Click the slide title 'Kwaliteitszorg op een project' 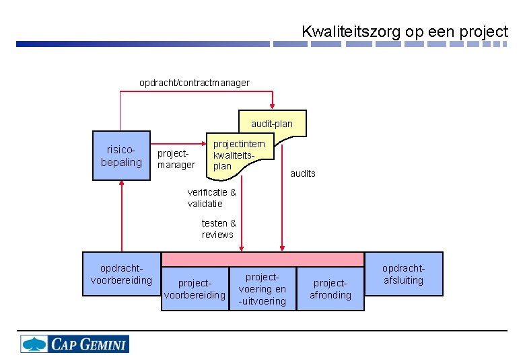pyautogui.click(x=405, y=31)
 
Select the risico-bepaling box pyautogui.click(x=121, y=156)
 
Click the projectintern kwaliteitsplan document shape pyautogui.click(x=238, y=156)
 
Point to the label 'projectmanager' pyautogui.click(x=176, y=159)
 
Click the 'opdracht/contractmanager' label pyautogui.click(x=194, y=83)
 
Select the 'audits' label pyautogui.click(x=302, y=173)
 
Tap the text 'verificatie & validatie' pyautogui.click(x=211, y=198)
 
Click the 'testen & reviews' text pyautogui.click(x=218, y=229)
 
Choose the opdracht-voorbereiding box pyautogui.click(x=121, y=274)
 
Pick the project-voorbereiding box pyautogui.click(x=195, y=289)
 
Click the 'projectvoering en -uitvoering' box pyautogui.click(x=262, y=289)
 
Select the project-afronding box pyautogui.click(x=330, y=289)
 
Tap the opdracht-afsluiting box pyautogui.click(x=404, y=274)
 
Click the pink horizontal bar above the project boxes pyautogui.click(x=262, y=259)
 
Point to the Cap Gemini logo pyautogui.click(x=74, y=344)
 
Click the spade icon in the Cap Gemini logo pyautogui.click(x=34, y=344)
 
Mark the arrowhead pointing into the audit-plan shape pyautogui.click(x=273, y=106)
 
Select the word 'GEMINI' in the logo pyautogui.click(x=103, y=345)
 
